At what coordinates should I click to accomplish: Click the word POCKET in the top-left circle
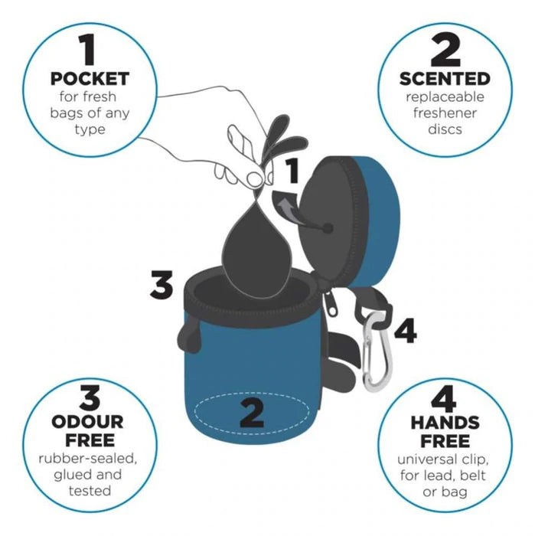pyautogui.click(x=90, y=79)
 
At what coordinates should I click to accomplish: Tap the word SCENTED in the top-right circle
pyautogui.click(x=445, y=79)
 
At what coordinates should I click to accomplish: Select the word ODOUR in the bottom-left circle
pyautogui.click(x=87, y=422)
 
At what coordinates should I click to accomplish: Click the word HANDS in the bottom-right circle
pyautogui.click(x=445, y=423)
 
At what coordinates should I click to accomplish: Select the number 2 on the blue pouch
pyautogui.click(x=252, y=414)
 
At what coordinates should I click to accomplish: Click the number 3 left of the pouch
pyautogui.click(x=161, y=285)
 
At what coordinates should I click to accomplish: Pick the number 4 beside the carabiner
pyautogui.click(x=406, y=330)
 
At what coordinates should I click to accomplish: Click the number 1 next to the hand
pyautogui.click(x=292, y=171)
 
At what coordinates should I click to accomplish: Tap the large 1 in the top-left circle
pyautogui.click(x=88, y=49)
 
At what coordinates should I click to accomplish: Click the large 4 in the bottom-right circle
pyautogui.click(x=444, y=399)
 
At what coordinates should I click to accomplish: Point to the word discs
pyautogui.click(x=445, y=129)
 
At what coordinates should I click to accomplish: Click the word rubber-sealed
pyautogui.click(x=88, y=459)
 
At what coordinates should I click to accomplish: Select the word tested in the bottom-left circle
pyautogui.click(x=90, y=491)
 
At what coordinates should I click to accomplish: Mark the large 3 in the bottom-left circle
pyautogui.click(x=90, y=398)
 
